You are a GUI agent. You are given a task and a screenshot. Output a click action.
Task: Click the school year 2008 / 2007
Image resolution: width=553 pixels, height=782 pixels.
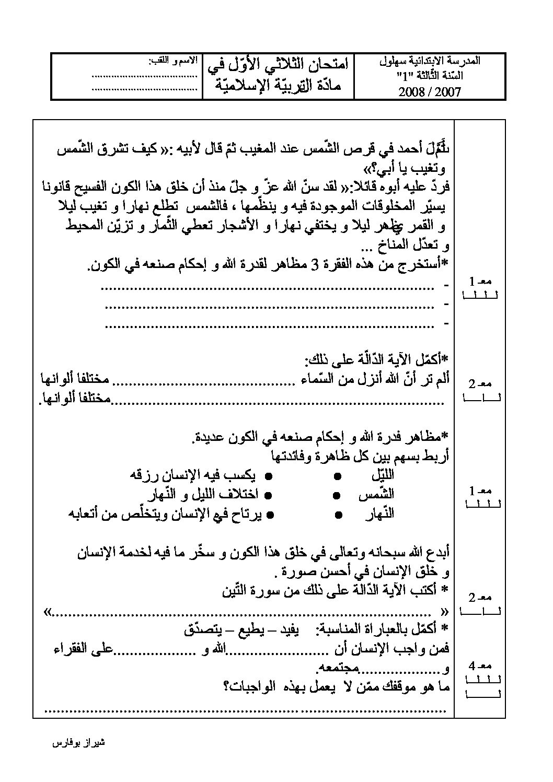coord(429,92)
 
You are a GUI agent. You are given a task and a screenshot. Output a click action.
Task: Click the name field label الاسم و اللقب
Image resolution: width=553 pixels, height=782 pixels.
coord(173,61)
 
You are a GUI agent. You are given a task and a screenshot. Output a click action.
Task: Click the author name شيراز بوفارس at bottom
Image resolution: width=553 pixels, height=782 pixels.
coord(80,742)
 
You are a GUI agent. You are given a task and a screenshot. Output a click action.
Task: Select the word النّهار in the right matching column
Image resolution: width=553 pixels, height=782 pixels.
coord(380,515)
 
